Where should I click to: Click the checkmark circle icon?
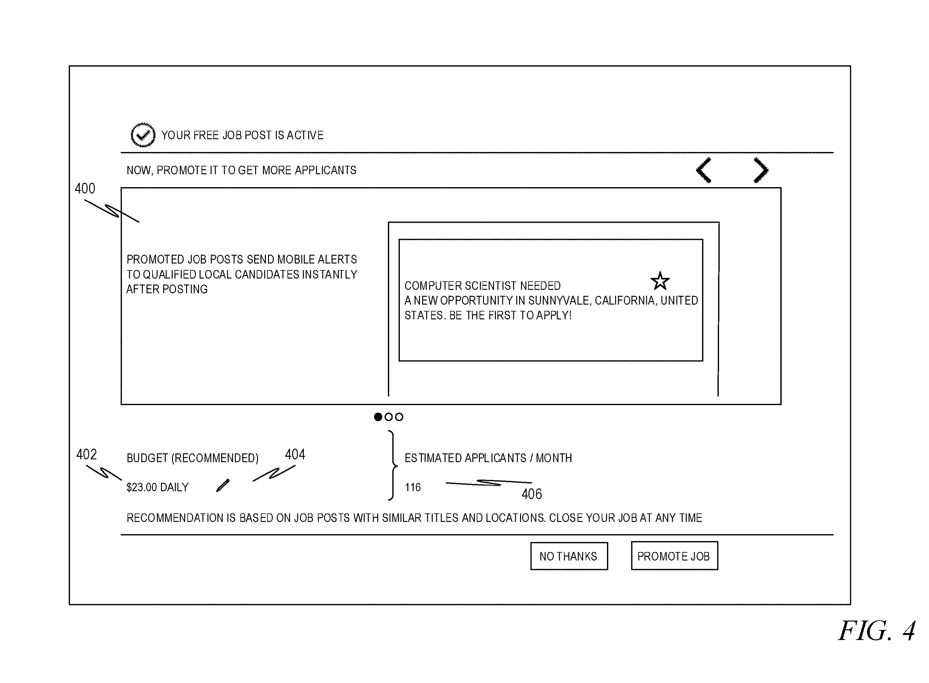pyautogui.click(x=143, y=135)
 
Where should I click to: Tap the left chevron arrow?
pyautogui.click(x=704, y=170)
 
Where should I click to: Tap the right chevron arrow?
pyautogui.click(x=761, y=170)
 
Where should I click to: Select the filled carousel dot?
pyautogui.click(x=378, y=417)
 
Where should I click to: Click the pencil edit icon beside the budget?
pyautogui.click(x=223, y=485)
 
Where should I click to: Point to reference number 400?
pyautogui.click(x=85, y=188)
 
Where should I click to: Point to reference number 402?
pyautogui.click(x=86, y=454)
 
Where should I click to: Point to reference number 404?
pyautogui.click(x=295, y=454)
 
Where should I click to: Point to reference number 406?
pyautogui.click(x=531, y=494)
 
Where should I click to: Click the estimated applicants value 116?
pyautogui.click(x=412, y=487)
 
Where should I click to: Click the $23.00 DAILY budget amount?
pyautogui.click(x=158, y=487)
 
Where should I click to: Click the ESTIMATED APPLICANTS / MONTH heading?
pyautogui.click(x=488, y=458)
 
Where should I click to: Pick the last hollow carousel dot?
pyautogui.click(x=399, y=417)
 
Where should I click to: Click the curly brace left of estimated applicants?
pyautogui.click(x=393, y=465)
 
